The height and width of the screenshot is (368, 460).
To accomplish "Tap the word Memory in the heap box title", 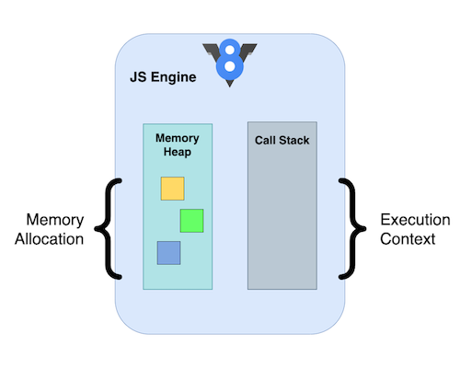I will pos(178,138).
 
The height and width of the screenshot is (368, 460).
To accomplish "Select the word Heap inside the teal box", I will pos(178,153).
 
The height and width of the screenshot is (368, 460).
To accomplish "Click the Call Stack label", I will pos(282,141).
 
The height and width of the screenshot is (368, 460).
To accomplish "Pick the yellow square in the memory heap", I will pos(172,189).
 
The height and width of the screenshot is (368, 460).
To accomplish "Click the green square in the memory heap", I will pos(191,221).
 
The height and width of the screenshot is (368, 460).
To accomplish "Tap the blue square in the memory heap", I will pos(168,253).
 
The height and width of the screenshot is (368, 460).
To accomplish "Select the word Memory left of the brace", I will pos(54,220).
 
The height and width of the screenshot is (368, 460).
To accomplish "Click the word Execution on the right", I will pos(416,220).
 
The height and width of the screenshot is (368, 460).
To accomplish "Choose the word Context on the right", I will pos(416,238).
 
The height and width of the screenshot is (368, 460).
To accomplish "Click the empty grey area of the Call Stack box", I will pos(282,221).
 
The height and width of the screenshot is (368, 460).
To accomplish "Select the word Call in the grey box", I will pos(266,141).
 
